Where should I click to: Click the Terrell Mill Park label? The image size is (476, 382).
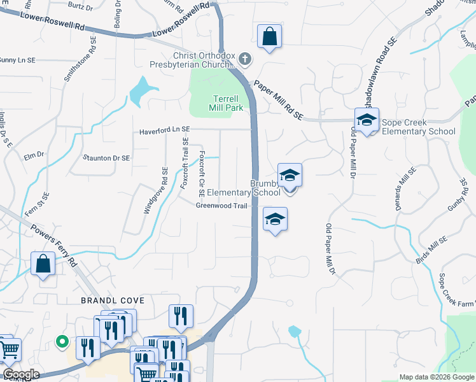[x=225, y=103]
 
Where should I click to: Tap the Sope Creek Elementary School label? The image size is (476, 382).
[x=419, y=127]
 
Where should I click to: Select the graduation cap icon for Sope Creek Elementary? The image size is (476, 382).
[x=367, y=119]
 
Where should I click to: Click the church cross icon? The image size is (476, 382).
[x=246, y=60]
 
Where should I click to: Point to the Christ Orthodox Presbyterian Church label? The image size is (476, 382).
[x=192, y=60]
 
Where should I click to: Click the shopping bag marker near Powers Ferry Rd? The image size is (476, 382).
[x=43, y=264]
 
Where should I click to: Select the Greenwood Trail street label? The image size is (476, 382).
[x=221, y=206]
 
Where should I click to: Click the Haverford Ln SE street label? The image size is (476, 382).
[x=165, y=130]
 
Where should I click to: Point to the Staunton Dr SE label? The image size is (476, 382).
[x=106, y=157]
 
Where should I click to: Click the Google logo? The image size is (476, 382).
[x=21, y=374]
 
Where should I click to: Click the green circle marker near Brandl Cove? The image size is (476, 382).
[x=62, y=341]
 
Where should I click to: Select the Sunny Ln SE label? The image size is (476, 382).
[x=17, y=60]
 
